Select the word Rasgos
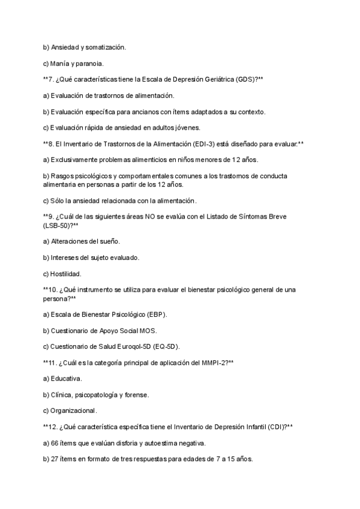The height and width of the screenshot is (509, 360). coord(63,176)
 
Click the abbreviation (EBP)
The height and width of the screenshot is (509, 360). coord(155,314)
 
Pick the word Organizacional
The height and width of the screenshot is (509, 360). coord(74,411)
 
